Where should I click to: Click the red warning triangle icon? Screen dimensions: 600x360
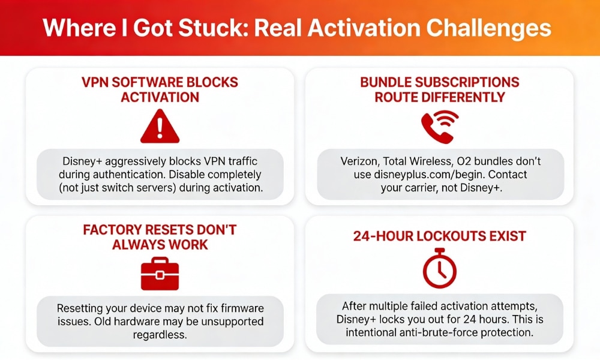(160, 127)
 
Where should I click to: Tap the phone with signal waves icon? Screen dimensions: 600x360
(440, 127)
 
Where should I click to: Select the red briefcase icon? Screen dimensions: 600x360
(160, 274)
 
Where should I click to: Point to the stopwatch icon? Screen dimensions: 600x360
(440, 268)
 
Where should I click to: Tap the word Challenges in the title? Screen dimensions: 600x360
(488, 28)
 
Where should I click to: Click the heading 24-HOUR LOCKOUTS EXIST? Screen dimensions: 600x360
(440, 236)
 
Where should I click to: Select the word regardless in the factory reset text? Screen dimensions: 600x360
(160, 335)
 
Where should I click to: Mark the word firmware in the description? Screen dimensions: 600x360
(242, 308)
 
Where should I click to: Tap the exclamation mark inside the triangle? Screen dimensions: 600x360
(160, 128)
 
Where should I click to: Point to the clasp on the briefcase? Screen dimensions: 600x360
(160, 275)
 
